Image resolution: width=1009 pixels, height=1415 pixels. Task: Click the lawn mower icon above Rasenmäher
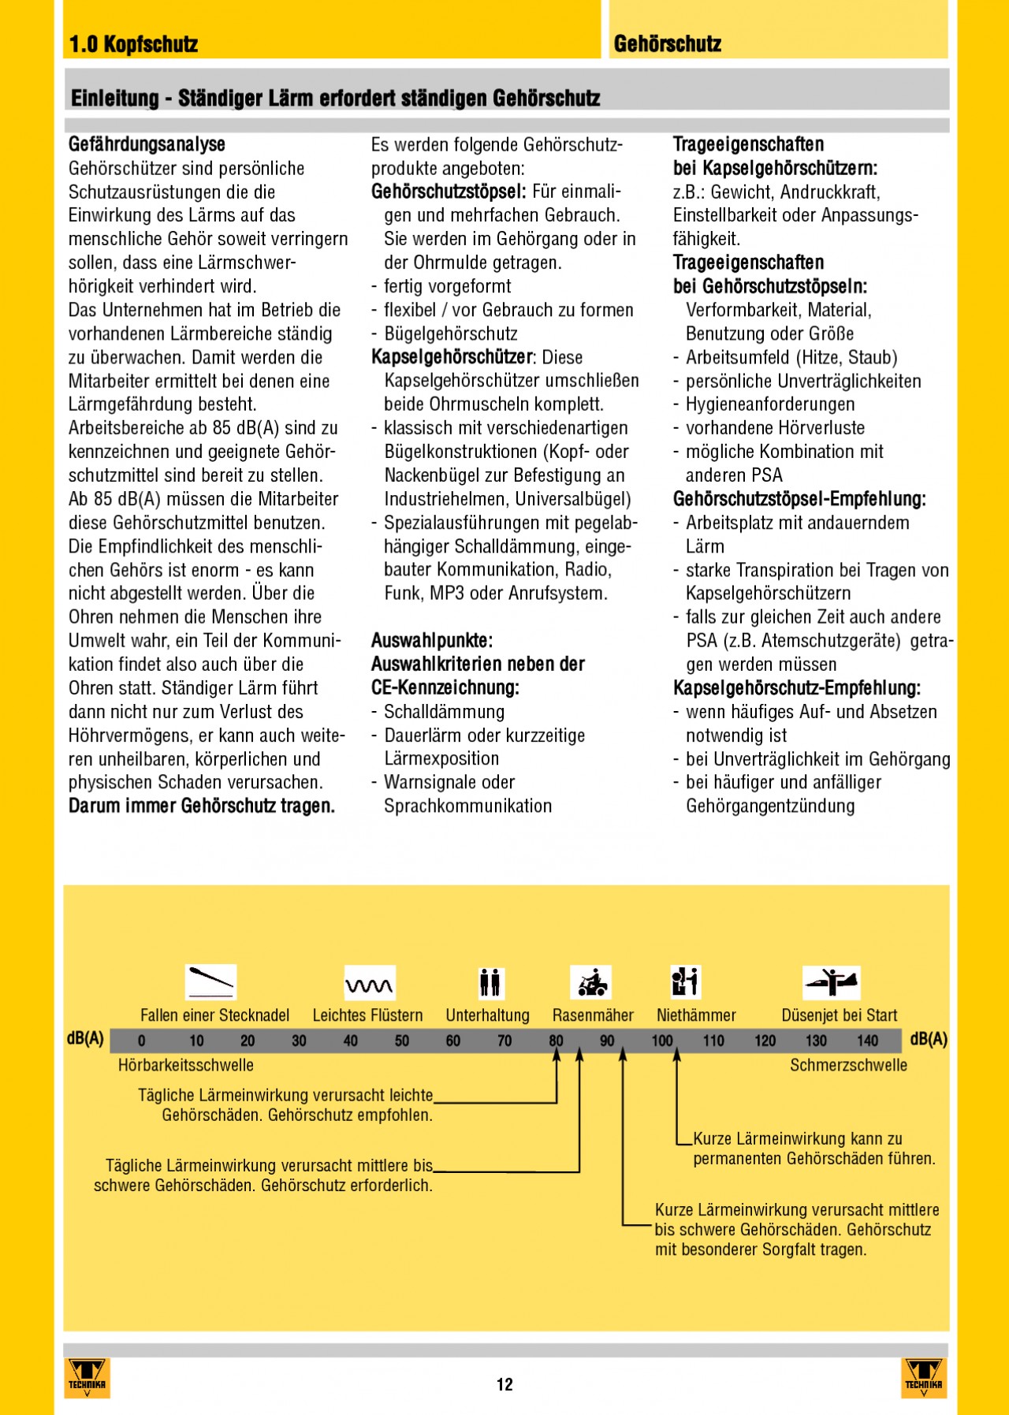click(x=591, y=982)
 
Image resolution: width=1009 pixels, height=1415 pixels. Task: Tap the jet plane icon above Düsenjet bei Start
click(x=832, y=981)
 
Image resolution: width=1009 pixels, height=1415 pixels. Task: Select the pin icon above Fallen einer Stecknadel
click(x=210, y=981)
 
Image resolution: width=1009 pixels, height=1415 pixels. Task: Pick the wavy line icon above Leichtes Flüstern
click(x=370, y=983)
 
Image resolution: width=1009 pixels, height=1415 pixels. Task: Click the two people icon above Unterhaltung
click(x=490, y=982)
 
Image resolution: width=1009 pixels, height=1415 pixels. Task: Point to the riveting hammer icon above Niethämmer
click(x=685, y=981)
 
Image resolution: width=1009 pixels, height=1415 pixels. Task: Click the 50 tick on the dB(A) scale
click(x=402, y=1041)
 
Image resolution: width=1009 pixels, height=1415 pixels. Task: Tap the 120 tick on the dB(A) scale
click(x=765, y=1041)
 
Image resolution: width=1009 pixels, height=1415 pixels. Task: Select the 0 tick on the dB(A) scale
click(x=142, y=1041)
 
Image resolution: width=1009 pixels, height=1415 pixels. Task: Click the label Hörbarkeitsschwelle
click(x=186, y=1065)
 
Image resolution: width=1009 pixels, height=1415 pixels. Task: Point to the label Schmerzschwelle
click(x=848, y=1065)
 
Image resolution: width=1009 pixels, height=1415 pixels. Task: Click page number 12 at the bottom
click(x=504, y=1384)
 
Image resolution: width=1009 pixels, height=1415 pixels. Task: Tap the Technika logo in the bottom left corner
click(x=87, y=1377)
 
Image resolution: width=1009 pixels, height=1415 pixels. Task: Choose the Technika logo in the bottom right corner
click(x=923, y=1377)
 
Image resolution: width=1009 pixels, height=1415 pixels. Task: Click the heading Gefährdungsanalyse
click(x=147, y=144)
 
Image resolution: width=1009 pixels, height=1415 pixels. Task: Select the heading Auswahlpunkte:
click(x=432, y=640)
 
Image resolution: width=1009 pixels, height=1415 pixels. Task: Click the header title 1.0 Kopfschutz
click(x=134, y=44)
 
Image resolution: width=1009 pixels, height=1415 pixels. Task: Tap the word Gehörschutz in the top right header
click(x=668, y=44)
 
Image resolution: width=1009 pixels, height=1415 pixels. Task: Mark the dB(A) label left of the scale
click(x=85, y=1039)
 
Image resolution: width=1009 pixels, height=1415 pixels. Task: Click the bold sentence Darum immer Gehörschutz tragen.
click(x=202, y=806)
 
